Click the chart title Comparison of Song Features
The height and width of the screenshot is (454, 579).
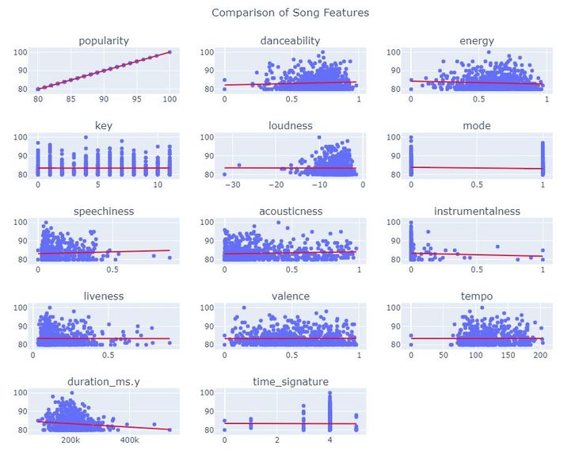coord(290,13)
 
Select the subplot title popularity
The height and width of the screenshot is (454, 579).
coord(104,40)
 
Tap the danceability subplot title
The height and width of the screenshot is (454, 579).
coord(290,40)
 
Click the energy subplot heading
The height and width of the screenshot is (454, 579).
coord(477,40)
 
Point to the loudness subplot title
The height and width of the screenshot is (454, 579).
coord(290,125)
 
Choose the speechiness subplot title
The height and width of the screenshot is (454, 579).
coord(104,211)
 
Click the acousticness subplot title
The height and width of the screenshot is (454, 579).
coord(290,211)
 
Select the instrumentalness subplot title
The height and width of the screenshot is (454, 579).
coord(477,211)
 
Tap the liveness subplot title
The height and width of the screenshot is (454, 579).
coord(104,296)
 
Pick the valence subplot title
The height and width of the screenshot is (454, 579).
coord(290,296)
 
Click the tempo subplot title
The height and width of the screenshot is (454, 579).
coord(477,296)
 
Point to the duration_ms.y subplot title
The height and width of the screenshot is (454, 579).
coord(104,382)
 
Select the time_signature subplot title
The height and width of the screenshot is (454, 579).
coord(290,382)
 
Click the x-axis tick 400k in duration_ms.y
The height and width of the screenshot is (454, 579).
coord(130,440)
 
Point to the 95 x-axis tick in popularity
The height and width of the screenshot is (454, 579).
coord(137,99)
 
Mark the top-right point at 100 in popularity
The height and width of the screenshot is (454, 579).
coord(170,52)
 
